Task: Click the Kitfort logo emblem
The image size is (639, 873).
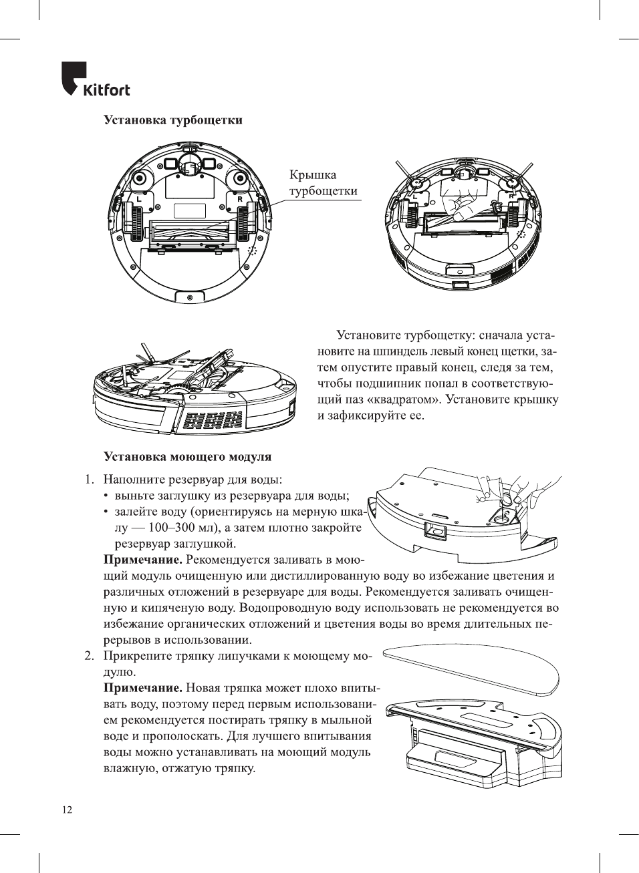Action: coord(74,77)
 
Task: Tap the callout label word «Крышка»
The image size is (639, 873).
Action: coord(313,175)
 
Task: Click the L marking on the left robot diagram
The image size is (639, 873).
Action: coord(140,198)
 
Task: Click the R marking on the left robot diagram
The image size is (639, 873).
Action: coord(239,198)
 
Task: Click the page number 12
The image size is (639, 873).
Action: coord(67,810)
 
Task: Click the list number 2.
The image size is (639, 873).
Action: coord(88,656)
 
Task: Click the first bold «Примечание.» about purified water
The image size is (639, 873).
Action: coord(142,560)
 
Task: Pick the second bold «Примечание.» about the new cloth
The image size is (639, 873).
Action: coord(142,688)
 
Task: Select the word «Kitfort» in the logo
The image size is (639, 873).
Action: coord(106,90)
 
